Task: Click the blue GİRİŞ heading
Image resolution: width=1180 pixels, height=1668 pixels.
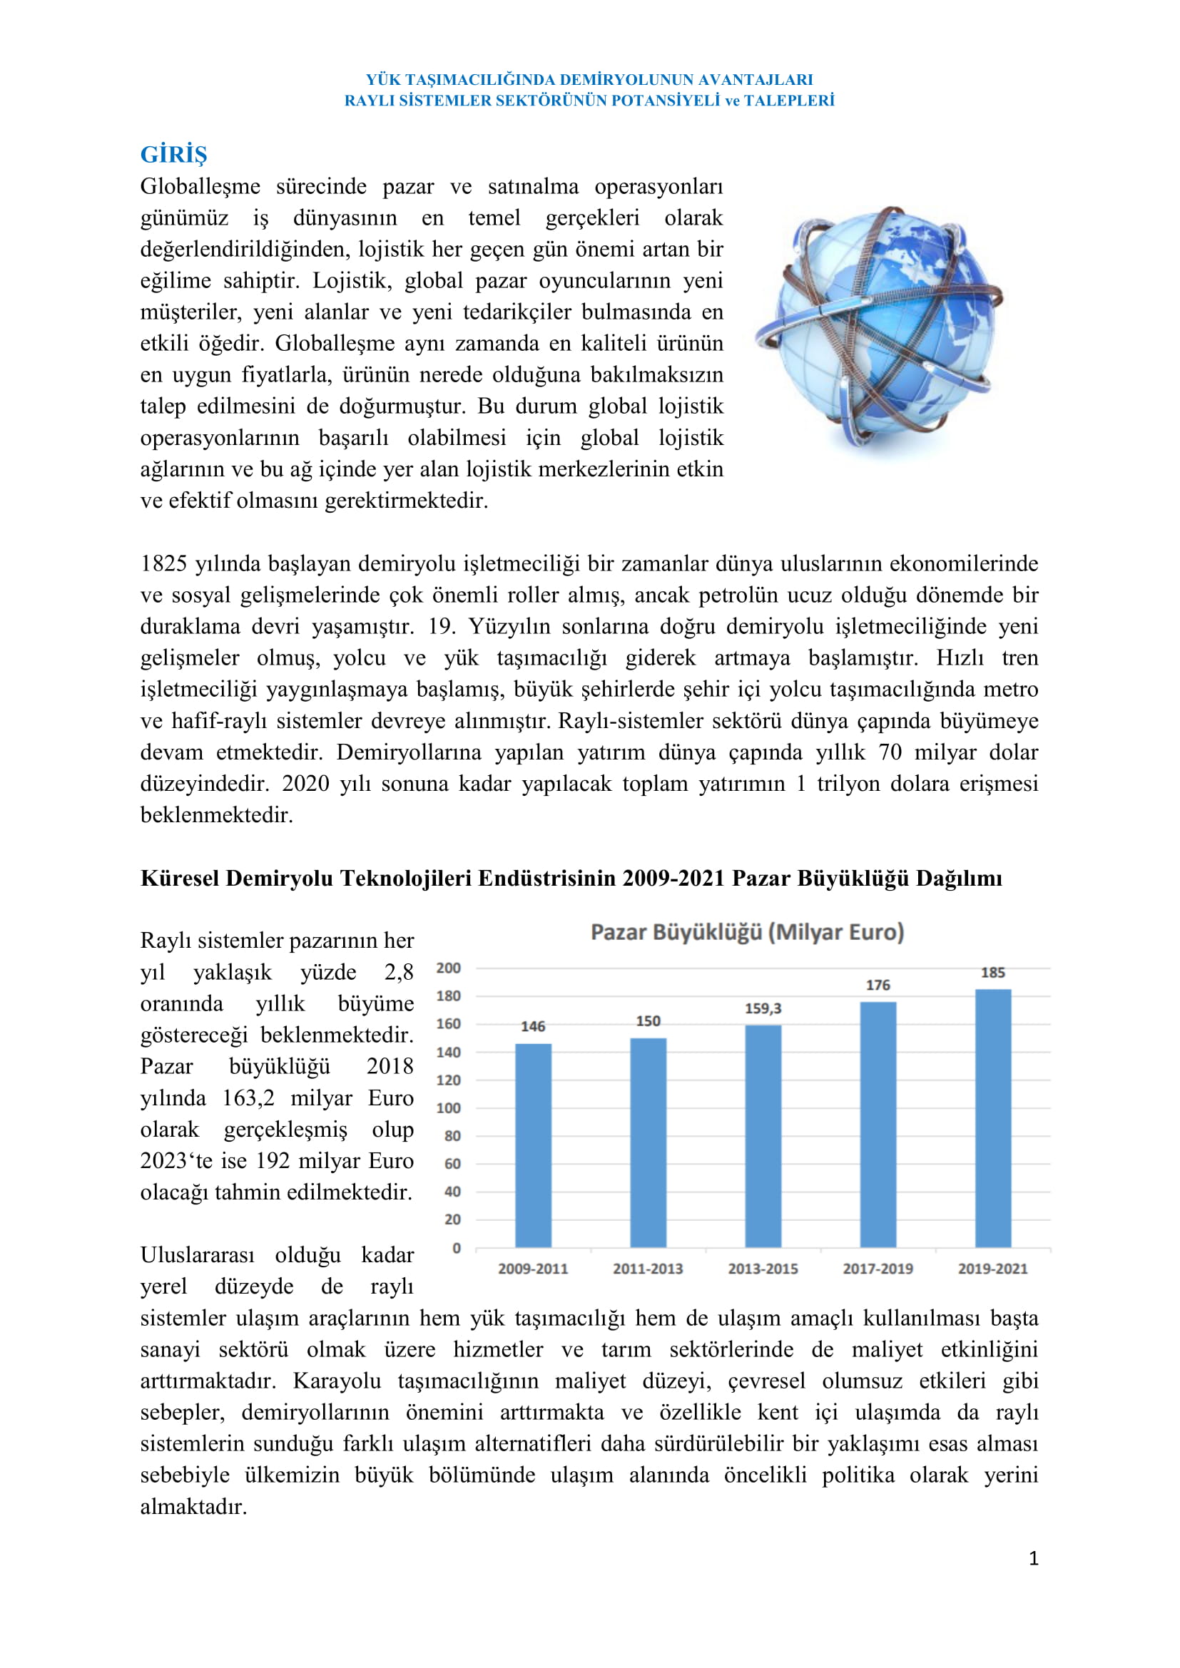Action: point(173,154)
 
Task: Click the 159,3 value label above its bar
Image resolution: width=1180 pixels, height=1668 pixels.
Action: point(763,1008)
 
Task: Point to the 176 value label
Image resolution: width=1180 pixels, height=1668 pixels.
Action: point(878,985)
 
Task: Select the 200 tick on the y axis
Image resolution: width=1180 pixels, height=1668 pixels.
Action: point(448,968)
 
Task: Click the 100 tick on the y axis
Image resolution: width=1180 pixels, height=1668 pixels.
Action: point(448,1108)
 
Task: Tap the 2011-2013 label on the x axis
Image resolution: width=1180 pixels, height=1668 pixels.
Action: point(647,1269)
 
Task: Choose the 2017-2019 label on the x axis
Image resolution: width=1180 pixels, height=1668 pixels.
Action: point(878,1269)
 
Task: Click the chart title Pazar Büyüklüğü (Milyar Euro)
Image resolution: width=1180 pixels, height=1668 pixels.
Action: point(747,932)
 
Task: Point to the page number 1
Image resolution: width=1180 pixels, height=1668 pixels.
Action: point(1033,1558)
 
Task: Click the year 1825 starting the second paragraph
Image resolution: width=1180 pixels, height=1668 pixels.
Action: point(164,564)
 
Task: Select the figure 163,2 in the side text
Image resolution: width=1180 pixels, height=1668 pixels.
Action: point(248,1097)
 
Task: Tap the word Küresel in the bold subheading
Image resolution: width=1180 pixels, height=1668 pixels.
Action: point(180,879)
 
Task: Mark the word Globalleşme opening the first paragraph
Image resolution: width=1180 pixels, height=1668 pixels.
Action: point(200,187)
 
